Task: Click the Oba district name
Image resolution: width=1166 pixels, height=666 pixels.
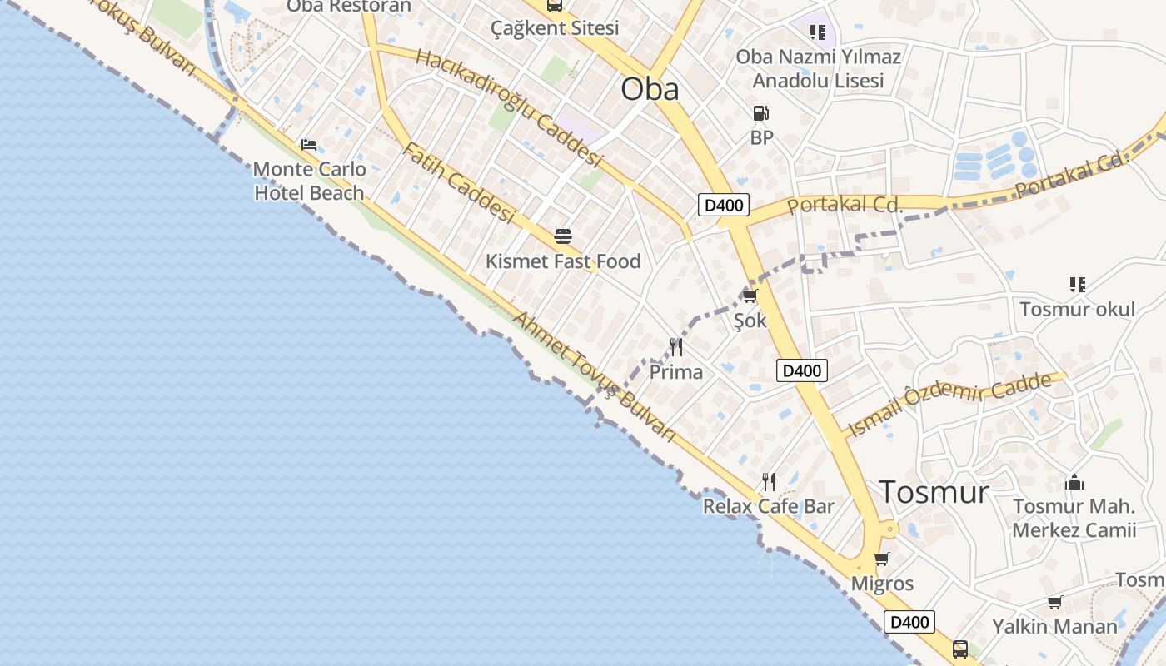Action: tap(650, 89)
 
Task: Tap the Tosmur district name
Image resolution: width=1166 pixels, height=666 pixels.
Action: tap(934, 492)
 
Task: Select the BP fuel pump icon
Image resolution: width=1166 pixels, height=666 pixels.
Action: tap(760, 113)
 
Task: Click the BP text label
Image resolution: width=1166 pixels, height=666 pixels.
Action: tap(761, 137)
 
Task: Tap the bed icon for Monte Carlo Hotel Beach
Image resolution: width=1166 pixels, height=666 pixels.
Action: tap(309, 145)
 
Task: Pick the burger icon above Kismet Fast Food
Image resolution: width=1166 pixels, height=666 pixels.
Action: tap(563, 236)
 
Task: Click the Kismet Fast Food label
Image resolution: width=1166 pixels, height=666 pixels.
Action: tap(563, 261)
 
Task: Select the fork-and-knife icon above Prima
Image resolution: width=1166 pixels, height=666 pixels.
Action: tap(675, 347)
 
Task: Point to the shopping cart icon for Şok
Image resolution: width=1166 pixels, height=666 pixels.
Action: tap(750, 296)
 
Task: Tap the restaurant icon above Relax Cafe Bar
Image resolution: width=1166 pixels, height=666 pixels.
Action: tap(769, 481)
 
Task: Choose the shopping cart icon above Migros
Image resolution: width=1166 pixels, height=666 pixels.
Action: tap(882, 559)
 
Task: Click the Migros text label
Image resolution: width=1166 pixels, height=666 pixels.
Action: tap(882, 584)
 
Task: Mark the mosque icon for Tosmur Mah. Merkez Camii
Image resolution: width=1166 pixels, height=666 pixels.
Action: tap(1074, 482)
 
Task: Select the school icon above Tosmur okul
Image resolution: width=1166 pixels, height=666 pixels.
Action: tap(1078, 285)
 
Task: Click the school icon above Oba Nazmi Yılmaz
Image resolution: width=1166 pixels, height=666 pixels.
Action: tap(817, 32)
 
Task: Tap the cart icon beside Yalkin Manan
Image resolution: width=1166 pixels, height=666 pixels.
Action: tap(1054, 602)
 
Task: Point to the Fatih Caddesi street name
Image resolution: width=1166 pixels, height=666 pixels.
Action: tap(459, 182)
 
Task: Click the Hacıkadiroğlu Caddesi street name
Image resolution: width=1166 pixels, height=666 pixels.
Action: tap(508, 107)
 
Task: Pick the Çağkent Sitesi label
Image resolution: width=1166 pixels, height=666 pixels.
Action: tap(554, 28)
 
